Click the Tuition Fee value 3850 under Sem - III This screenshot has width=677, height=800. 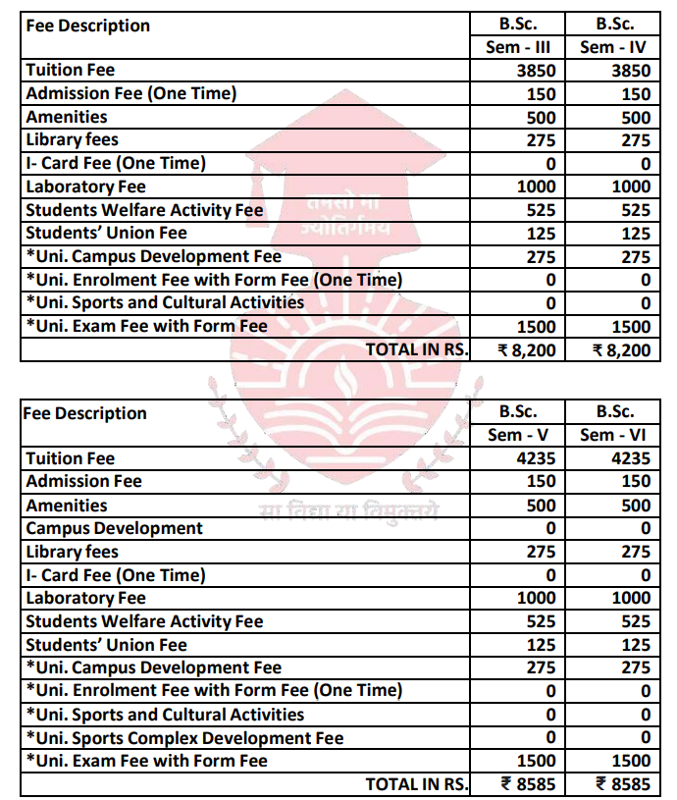(536, 71)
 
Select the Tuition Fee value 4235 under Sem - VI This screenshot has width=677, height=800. (629, 458)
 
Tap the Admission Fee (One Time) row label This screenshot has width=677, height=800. (131, 94)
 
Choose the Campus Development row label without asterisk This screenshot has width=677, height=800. (114, 528)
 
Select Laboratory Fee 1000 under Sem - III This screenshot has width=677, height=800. (536, 187)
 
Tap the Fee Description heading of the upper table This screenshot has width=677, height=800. (88, 26)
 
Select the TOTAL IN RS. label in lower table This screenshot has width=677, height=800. (417, 784)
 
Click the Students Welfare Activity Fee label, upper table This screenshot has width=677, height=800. (144, 210)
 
